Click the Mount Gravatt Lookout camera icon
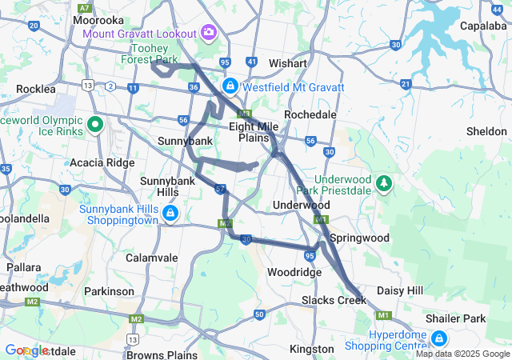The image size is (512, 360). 209,32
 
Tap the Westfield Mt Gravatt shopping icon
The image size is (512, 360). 230,85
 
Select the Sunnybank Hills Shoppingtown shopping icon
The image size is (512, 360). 170,213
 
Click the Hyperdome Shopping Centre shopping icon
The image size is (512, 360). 439,338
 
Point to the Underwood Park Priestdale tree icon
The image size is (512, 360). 385,184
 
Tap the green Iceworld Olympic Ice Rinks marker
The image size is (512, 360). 95,124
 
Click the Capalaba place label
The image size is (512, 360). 482,26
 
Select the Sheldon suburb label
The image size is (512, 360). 486,130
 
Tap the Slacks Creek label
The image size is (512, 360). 334,300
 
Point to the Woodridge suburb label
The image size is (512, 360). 294,272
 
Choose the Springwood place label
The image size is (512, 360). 359,238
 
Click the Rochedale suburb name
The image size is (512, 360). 310,114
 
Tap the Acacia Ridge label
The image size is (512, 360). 102,162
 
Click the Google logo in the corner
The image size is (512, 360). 26,350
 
